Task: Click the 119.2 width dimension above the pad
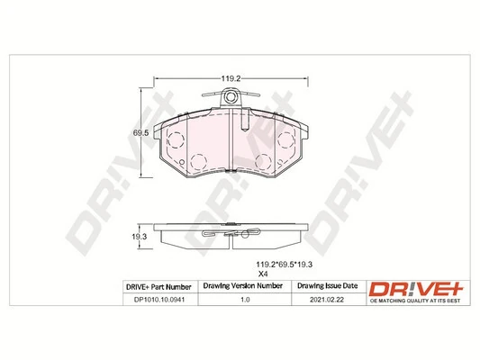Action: [231, 78]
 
